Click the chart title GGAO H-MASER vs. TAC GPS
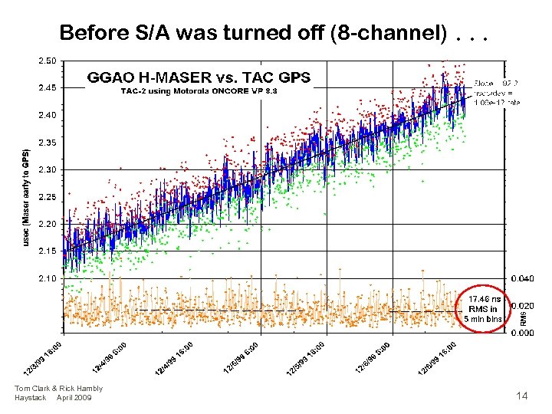[x=199, y=77]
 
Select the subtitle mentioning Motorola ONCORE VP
[x=199, y=91]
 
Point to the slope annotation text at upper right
[x=498, y=92]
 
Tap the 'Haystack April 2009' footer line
[x=53, y=397]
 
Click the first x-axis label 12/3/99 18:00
[x=41, y=358]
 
